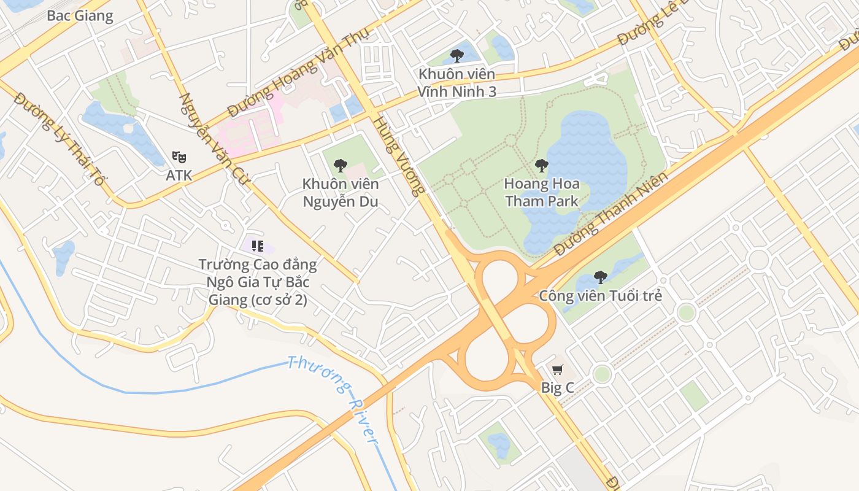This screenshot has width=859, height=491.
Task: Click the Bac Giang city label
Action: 80,16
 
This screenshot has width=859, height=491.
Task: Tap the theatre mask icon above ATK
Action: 179,157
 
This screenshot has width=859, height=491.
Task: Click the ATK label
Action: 179,176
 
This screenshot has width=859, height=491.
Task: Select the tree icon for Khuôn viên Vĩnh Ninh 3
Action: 456,56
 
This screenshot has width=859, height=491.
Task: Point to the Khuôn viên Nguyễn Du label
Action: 341,193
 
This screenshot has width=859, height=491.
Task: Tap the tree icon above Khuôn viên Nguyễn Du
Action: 340,165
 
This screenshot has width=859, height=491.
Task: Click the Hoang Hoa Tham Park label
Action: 541,192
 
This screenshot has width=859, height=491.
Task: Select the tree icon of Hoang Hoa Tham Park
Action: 541,165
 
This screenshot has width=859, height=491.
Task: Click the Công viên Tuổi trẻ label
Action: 601,296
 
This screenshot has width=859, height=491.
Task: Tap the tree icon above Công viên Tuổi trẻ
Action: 601,277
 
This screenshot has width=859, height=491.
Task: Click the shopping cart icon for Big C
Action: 557,369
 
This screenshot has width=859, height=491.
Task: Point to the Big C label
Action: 557,388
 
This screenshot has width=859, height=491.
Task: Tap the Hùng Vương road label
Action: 399,157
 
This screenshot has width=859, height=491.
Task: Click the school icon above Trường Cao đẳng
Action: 258,246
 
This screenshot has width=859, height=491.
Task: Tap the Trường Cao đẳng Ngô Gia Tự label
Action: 258,282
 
